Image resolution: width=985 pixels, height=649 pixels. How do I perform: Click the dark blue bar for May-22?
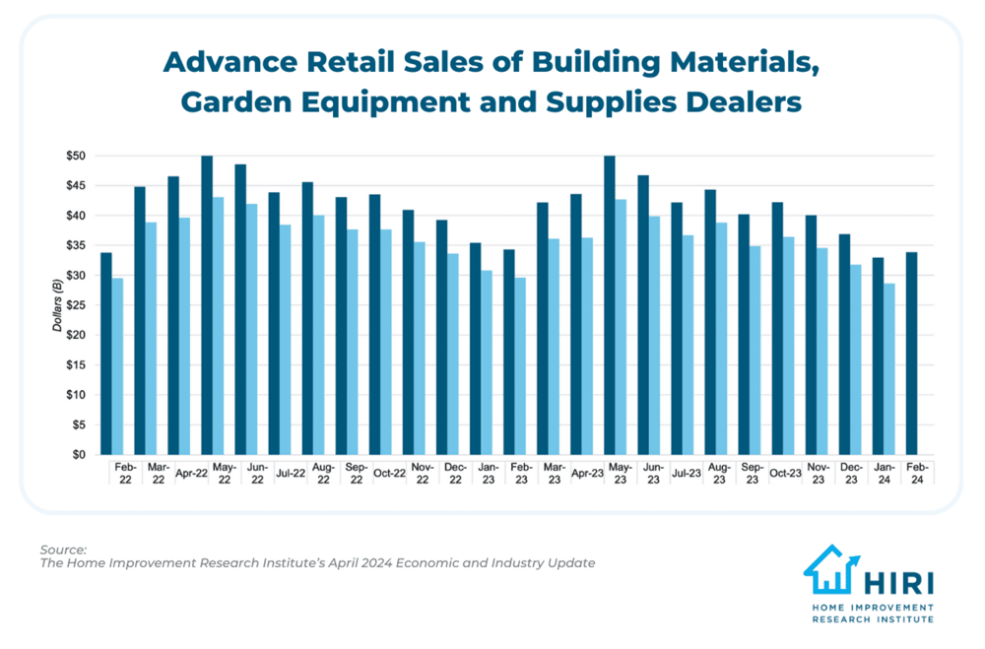207,305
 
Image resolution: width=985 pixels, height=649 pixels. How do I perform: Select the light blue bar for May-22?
219,326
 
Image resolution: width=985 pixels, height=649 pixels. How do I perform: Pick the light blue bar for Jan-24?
889,369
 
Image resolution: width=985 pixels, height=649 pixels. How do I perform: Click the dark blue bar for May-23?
610,305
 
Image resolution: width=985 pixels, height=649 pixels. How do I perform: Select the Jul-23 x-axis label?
689,473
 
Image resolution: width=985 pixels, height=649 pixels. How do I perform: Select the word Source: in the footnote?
64,549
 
